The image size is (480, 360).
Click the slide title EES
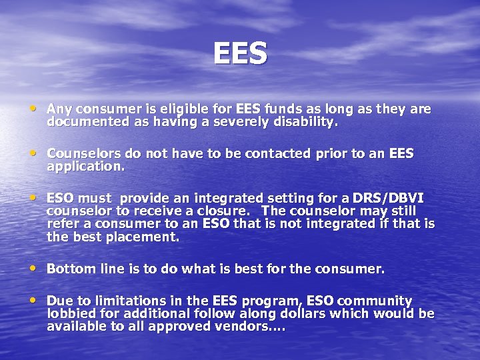[x=240, y=53]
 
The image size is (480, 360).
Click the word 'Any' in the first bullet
[x=59, y=109]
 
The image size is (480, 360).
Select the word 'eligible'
[x=171, y=109]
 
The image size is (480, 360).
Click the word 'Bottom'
[x=69, y=269]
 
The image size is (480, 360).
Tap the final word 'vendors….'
[x=252, y=326]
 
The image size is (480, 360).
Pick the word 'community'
[x=376, y=301]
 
